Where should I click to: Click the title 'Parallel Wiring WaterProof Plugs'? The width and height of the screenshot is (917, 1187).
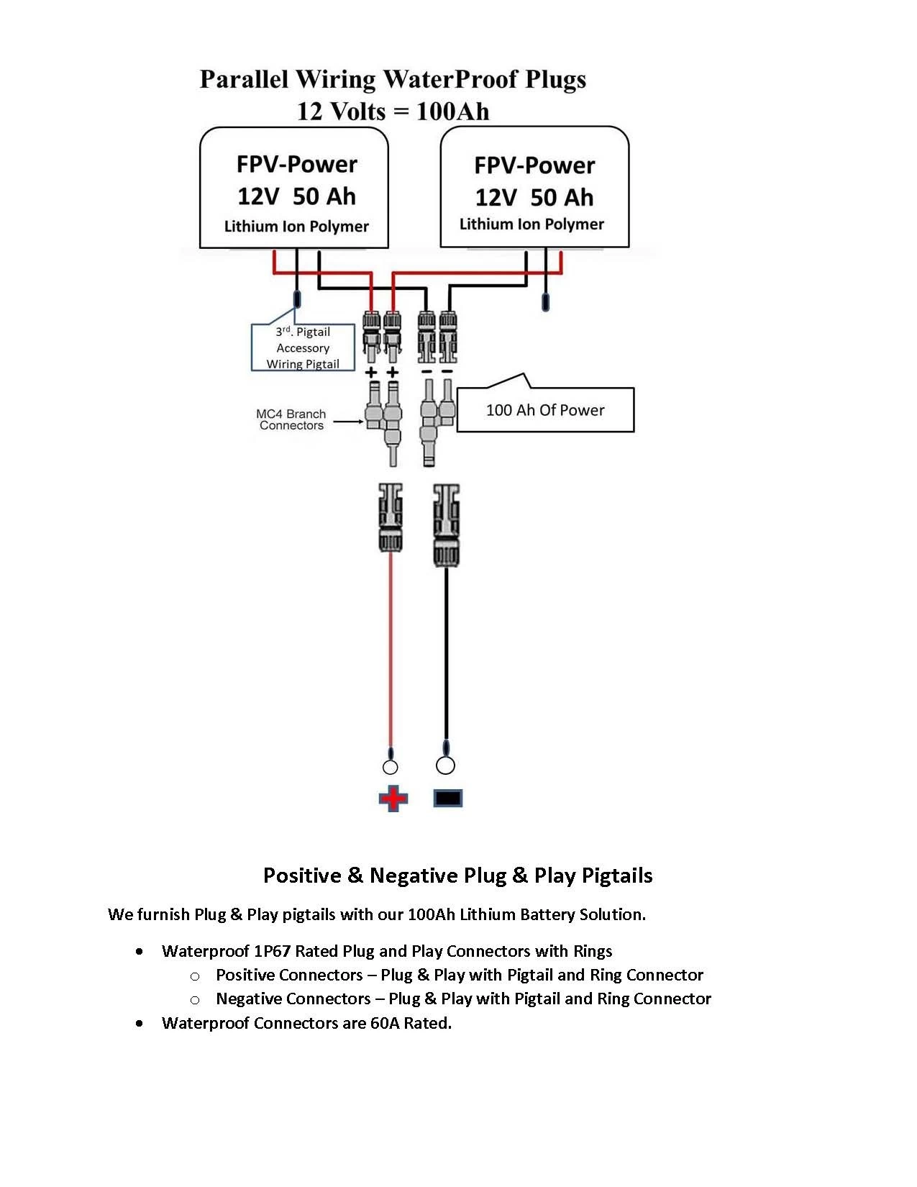pyautogui.click(x=393, y=79)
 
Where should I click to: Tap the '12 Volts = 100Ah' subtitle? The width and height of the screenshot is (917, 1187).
pyautogui.click(x=393, y=112)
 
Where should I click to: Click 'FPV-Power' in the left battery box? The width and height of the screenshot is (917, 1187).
pyautogui.click(x=296, y=165)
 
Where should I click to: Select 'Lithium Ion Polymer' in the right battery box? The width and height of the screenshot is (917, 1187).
pyautogui.click(x=532, y=224)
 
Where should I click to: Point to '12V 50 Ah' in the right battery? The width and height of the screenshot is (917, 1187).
pyautogui.click(x=534, y=197)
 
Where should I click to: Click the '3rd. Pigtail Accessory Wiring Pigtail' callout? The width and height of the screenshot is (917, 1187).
pyautogui.click(x=303, y=348)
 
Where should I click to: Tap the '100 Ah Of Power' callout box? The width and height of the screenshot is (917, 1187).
pyautogui.click(x=545, y=410)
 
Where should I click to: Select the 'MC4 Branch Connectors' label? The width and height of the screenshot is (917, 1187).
pyautogui.click(x=291, y=419)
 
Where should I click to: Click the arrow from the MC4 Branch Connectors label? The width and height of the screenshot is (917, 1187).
pyautogui.click(x=348, y=422)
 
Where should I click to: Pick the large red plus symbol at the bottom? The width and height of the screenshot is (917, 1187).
pyautogui.click(x=393, y=799)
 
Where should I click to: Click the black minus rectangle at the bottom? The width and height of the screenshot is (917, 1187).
pyautogui.click(x=447, y=799)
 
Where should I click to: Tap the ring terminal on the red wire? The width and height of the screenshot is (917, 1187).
pyautogui.click(x=391, y=766)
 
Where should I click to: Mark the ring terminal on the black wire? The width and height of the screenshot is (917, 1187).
pyautogui.click(x=446, y=765)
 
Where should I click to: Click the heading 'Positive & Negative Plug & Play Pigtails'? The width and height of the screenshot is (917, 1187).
pyautogui.click(x=457, y=876)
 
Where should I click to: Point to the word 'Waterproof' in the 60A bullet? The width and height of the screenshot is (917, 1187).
pyautogui.click(x=205, y=1023)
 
